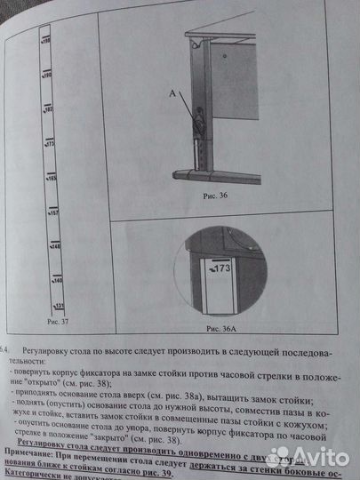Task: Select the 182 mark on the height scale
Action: (x=48, y=108)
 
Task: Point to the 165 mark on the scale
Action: (x=52, y=179)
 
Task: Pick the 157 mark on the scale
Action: (x=53, y=213)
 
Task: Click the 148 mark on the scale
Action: (x=55, y=246)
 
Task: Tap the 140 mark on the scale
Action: (x=58, y=280)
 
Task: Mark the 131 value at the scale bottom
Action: (x=60, y=306)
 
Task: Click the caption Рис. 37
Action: (x=56, y=321)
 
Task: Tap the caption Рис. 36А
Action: (x=220, y=330)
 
